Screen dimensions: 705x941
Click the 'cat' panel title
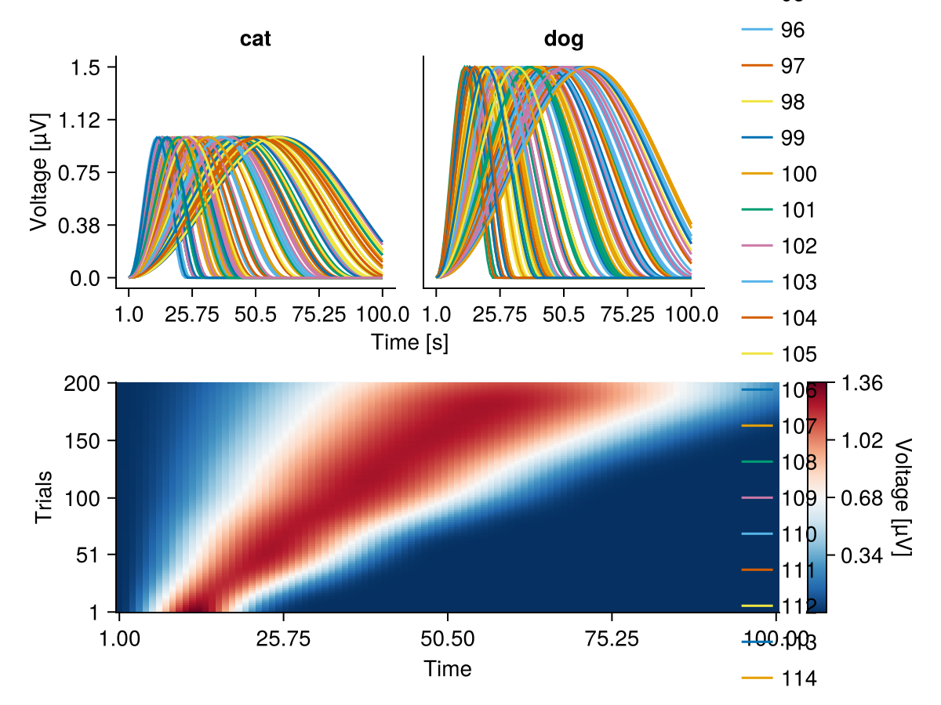pyautogui.click(x=256, y=39)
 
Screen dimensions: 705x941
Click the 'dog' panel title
pyautogui.click(x=564, y=39)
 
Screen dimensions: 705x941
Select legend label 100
pyautogui.click(x=799, y=174)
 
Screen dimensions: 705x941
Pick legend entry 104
pyautogui.click(x=799, y=318)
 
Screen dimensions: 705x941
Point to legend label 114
pyautogui.click(x=799, y=678)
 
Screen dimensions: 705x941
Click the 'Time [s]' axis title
pyautogui.click(x=410, y=342)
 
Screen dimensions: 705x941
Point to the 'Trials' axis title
pyautogui.click(x=45, y=497)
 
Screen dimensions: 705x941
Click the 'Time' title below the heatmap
pyautogui.click(x=447, y=668)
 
